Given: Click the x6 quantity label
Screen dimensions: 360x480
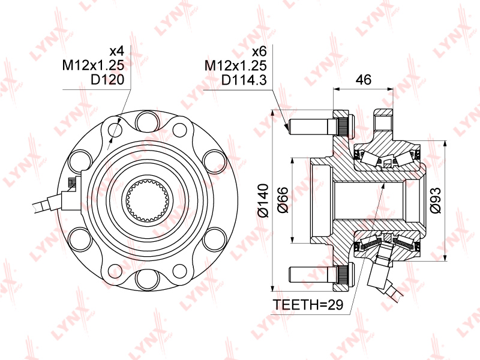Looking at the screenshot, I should coord(259,50).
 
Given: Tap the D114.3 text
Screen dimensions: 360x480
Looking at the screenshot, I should coord(244,79).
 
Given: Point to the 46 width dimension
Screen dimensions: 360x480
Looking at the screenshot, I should coord(363,79).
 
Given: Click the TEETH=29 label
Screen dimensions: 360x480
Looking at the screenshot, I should coord(307,305).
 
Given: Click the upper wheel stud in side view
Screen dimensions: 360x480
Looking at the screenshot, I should coord(318,127).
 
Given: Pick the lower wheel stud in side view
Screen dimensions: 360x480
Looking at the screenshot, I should coord(318,275).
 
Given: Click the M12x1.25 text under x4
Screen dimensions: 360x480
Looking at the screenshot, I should coord(97,65).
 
